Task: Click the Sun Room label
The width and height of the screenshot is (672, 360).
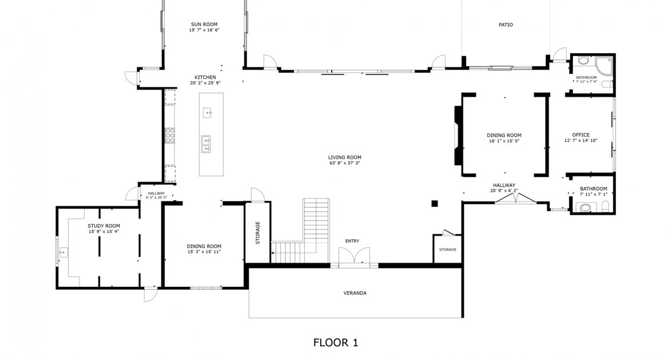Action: [x=205, y=25]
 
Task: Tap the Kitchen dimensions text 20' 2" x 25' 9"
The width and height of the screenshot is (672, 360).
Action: [x=205, y=83]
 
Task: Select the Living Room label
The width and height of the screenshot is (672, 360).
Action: [x=344, y=157]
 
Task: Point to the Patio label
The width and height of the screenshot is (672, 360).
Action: [x=506, y=25]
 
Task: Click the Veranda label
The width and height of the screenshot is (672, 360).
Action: [x=355, y=293]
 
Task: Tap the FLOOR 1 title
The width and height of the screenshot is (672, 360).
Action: [x=336, y=343]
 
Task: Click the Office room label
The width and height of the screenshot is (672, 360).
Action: [x=580, y=135]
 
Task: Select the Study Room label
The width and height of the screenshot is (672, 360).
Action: [x=104, y=226]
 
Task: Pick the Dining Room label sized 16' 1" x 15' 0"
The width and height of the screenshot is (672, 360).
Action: [x=504, y=136]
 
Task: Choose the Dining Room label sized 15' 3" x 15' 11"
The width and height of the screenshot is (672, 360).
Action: [x=204, y=246]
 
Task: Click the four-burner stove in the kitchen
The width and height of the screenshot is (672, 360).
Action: [x=170, y=135]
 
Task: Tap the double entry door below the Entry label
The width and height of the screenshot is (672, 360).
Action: [x=354, y=257]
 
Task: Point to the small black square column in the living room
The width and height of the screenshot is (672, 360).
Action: [x=435, y=203]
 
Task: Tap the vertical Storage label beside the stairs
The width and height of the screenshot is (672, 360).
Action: [x=257, y=232]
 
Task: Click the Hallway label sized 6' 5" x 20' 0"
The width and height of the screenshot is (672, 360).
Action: [x=156, y=193]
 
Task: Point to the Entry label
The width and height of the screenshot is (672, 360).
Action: [x=352, y=241]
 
